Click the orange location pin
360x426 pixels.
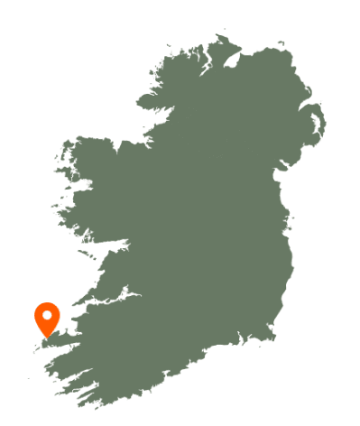(x=47, y=319)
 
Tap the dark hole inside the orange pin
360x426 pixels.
(x=47, y=315)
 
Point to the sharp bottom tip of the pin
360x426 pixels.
(x=47, y=338)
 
